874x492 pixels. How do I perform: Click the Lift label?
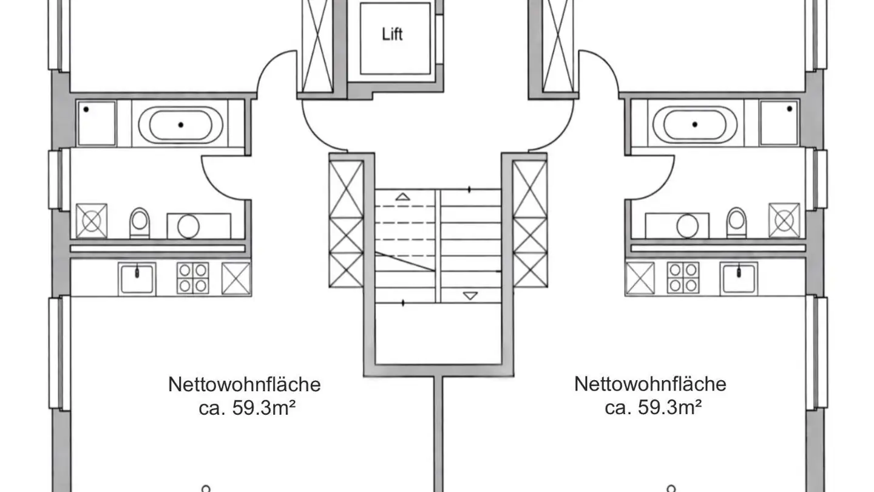click(392, 34)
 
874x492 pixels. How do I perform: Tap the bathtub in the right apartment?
click(694, 125)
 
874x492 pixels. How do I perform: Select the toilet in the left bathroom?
click(139, 222)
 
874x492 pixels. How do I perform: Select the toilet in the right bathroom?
click(736, 222)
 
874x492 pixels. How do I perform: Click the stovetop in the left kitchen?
click(193, 278)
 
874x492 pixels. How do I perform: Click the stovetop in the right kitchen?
click(683, 278)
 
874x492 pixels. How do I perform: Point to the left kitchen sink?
click(137, 279)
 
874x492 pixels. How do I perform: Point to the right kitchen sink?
click(739, 279)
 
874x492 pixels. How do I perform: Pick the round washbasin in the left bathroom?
click(188, 227)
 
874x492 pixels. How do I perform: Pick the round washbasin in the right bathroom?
click(688, 227)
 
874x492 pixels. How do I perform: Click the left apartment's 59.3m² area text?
click(246, 407)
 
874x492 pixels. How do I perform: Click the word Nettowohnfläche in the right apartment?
click(650, 384)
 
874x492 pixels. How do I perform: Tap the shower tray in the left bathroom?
click(97, 123)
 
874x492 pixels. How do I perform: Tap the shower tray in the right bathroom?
click(779, 123)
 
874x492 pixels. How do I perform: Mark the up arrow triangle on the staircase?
click(402, 196)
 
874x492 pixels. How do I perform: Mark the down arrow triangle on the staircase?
click(470, 296)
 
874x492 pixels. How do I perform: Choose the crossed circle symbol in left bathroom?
click(91, 220)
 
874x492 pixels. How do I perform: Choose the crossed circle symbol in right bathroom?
click(784, 220)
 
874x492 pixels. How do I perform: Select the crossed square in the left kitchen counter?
click(236, 279)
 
